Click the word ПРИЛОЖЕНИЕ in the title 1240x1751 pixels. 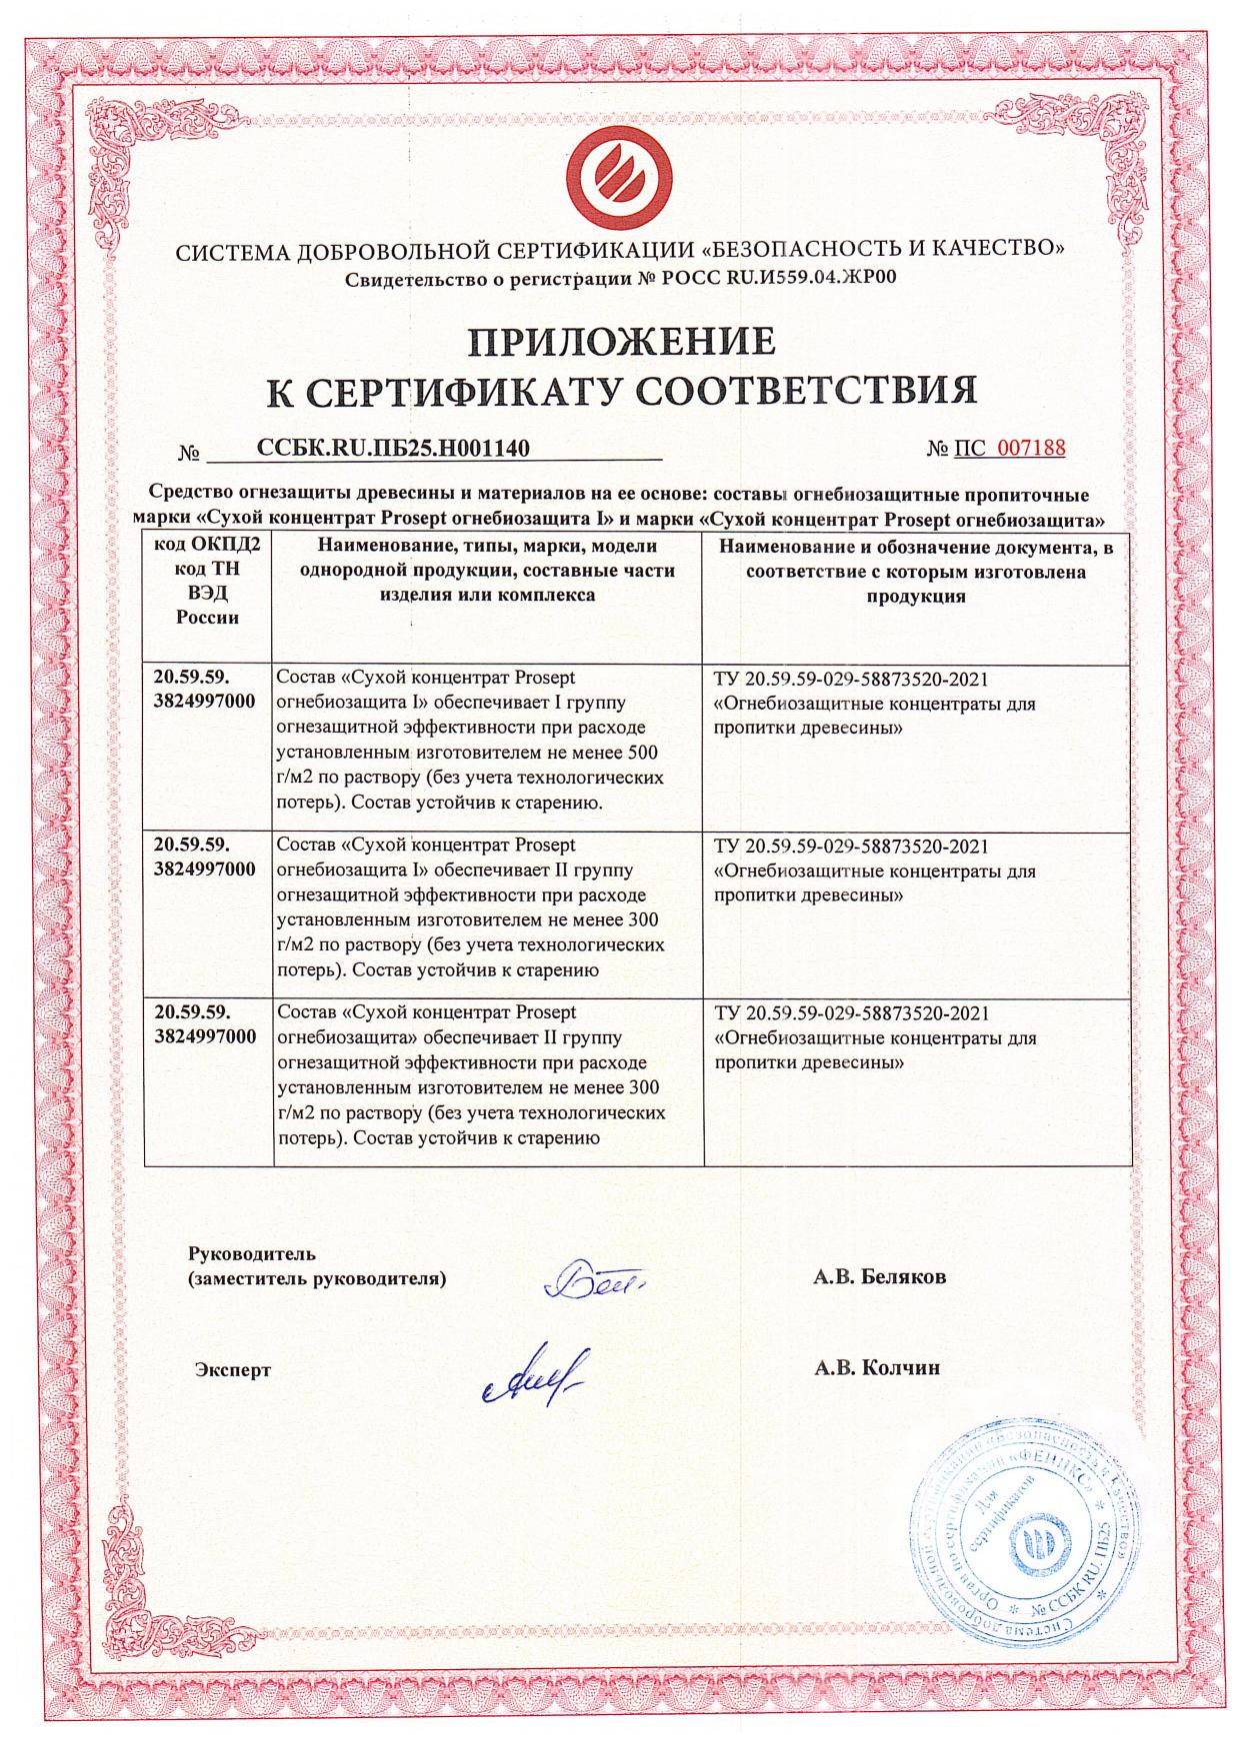coord(622,341)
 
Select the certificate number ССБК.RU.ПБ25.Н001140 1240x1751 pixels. coord(393,448)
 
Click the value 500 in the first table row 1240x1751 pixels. coord(641,752)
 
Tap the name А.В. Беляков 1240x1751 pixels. coord(880,1277)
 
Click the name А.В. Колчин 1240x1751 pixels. coord(877,1368)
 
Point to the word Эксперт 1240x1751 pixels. coord(232,1369)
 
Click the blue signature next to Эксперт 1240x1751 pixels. coord(536,1376)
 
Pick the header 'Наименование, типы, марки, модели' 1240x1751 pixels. coord(487,547)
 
